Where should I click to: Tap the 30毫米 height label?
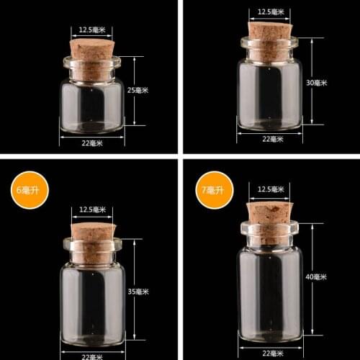(317, 83)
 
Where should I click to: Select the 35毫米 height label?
(138, 292)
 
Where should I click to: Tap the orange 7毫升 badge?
(214, 189)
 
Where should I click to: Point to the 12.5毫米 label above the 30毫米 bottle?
(269, 11)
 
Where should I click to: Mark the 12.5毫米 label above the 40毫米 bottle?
(269, 189)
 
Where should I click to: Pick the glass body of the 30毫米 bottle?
(269, 94)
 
